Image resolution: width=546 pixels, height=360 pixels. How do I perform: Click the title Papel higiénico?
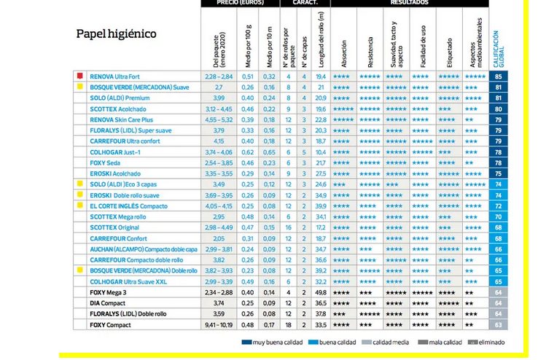click(116, 34)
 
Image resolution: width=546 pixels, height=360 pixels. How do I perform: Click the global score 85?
click(499, 76)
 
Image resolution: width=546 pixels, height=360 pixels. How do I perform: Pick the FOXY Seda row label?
click(106, 163)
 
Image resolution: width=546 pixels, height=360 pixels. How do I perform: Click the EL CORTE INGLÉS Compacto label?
click(128, 206)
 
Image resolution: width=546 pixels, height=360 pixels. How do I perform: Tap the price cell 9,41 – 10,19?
click(219, 325)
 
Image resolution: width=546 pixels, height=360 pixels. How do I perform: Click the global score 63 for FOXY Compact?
click(499, 325)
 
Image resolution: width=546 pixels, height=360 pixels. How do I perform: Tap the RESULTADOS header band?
click(409, 4)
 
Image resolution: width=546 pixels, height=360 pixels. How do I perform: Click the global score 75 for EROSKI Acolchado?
click(499, 173)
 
